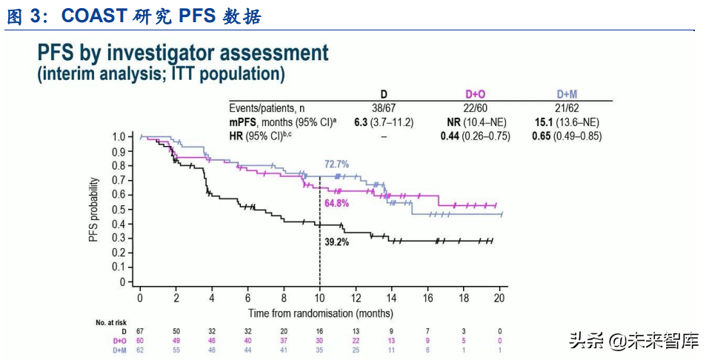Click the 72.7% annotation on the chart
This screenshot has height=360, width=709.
click(336, 164)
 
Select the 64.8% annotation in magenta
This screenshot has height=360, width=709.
click(336, 203)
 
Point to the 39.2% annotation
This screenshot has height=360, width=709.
click(336, 242)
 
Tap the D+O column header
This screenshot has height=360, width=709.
click(475, 94)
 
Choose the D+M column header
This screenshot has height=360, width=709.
click(567, 94)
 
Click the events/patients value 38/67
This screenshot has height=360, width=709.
click(384, 108)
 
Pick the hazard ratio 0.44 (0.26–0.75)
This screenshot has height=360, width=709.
click(475, 136)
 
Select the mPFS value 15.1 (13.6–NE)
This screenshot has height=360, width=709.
click(567, 122)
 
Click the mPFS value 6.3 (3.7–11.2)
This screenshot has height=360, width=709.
click(384, 122)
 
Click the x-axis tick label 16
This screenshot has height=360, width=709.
click(427, 298)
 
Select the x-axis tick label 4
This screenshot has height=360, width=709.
click(212, 298)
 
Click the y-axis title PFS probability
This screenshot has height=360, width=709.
click(93, 210)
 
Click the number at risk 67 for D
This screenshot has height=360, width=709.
click(140, 332)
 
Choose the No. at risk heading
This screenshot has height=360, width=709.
click(111, 322)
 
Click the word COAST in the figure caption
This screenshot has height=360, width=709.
click(94, 16)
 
